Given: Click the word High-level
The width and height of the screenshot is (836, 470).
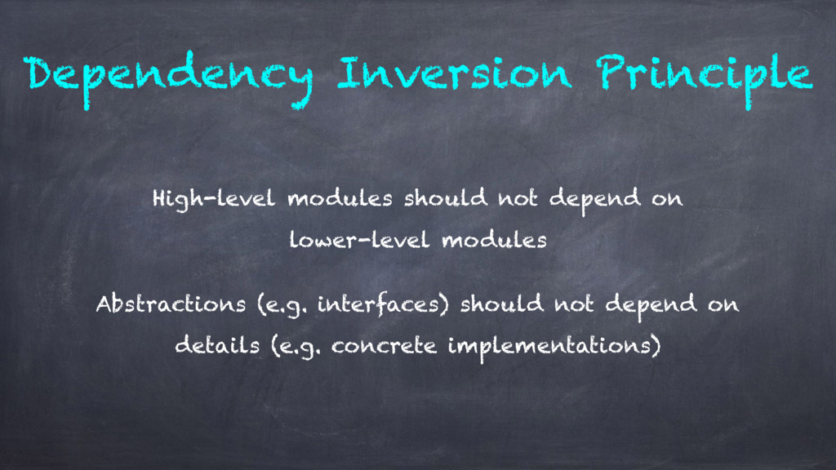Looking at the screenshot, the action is pyautogui.click(x=214, y=200).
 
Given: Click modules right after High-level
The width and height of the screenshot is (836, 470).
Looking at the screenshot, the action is pyautogui.click(x=340, y=198).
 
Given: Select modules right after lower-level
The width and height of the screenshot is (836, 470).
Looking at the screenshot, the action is pyautogui.click(x=495, y=239).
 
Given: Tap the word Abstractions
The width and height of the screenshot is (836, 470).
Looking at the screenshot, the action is pyautogui.click(x=171, y=304).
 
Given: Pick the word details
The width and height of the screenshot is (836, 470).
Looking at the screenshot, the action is pyautogui.click(x=217, y=345).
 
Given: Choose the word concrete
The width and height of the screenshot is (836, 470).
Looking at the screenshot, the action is pyautogui.click(x=384, y=346).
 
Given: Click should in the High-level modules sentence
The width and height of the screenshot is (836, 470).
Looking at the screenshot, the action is pyautogui.click(x=445, y=198).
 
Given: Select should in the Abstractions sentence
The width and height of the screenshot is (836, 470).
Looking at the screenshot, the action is pyautogui.click(x=502, y=304).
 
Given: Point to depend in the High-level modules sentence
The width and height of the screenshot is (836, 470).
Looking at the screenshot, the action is pyautogui.click(x=595, y=201).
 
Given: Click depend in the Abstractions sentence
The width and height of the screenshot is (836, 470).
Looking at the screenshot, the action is pyautogui.click(x=651, y=306).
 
